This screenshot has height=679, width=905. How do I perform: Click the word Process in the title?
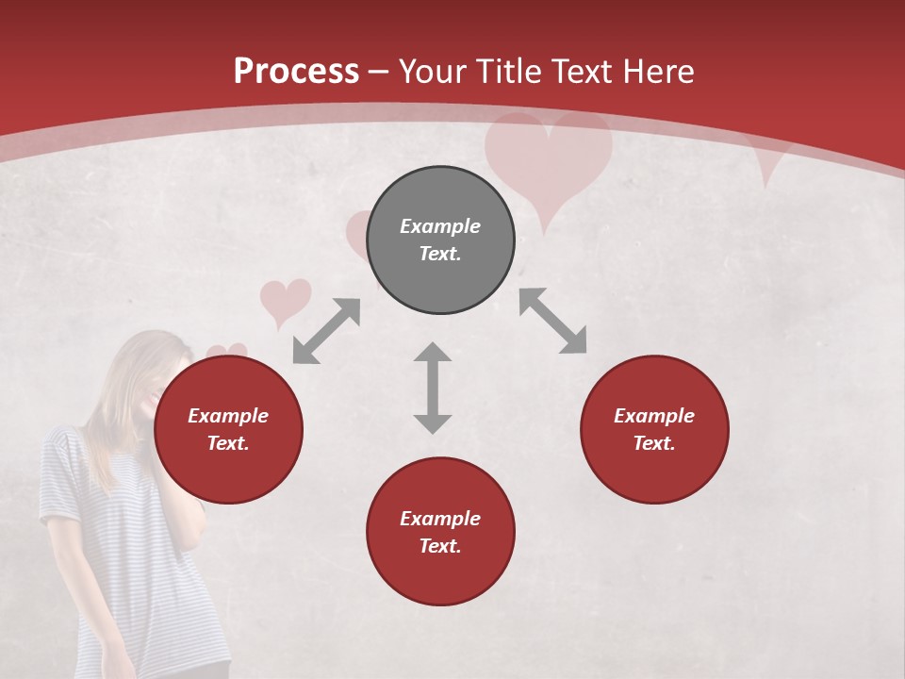tap(296, 72)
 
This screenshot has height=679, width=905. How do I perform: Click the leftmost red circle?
tap(228, 429)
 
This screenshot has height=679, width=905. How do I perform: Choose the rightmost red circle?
tap(654, 429)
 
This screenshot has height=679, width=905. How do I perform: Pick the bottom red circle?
tap(440, 532)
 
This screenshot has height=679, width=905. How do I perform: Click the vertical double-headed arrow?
tap(433, 388)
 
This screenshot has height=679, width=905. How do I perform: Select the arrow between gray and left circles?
tap(326, 331)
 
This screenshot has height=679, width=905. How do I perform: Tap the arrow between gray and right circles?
tap(553, 321)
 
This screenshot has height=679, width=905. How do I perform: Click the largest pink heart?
tap(548, 160)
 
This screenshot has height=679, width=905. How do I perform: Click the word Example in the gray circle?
tap(440, 226)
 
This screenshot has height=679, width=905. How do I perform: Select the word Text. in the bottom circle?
tap(440, 546)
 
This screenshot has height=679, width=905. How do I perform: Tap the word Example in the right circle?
tap(654, 416)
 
